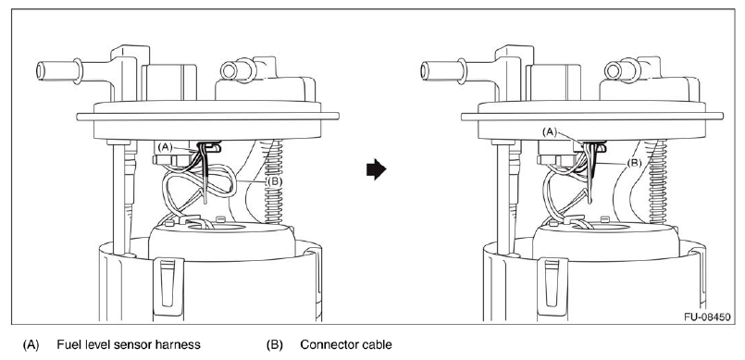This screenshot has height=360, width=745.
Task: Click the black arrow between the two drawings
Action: tap(377, 170)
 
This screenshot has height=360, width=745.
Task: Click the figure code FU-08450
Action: tap(706, 317)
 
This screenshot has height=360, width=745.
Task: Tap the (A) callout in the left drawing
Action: tap(165, 147)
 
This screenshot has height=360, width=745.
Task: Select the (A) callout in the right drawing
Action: tap(550, 132)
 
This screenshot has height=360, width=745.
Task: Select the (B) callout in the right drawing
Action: tap(634, 163)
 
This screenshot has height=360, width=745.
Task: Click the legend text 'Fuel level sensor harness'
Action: tap(129, 345)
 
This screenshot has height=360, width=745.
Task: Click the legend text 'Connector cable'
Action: tap(346, 345)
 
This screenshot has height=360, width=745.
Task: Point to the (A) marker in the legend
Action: tap(31, 345)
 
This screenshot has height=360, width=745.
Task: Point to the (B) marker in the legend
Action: tap(274, 345)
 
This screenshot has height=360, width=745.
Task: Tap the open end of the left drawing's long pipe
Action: tap(40, 70)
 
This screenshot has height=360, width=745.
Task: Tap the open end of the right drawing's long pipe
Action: tap(424, 70)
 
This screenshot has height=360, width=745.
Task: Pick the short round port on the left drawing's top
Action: tap(238, 69)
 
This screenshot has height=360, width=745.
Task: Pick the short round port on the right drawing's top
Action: tap(623, 69)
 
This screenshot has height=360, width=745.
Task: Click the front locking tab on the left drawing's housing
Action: tap(168, 285)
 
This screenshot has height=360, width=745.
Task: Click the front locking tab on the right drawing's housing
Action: tap(553, 285)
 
